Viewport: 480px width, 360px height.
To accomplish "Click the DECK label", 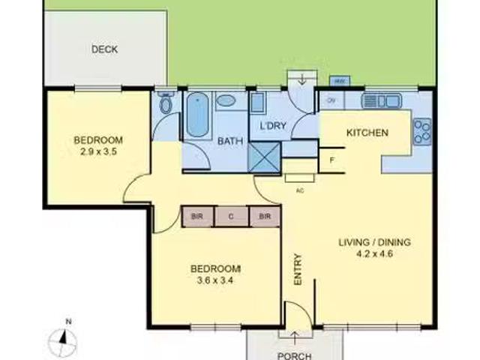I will click(x=104, y=49).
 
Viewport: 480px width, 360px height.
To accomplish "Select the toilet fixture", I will click(x=166, y=103).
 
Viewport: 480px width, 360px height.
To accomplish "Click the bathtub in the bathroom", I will click(x=197, y=114).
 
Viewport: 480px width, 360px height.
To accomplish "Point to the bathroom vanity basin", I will click(x=226, y=100).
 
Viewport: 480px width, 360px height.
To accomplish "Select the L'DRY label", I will click(x=272, y=125).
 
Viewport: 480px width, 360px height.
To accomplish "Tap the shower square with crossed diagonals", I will click(x=263, y=156).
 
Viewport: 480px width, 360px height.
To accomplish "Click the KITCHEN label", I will click(x=367, y=133).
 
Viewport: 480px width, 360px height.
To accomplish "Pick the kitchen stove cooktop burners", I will click(x=422, y=132).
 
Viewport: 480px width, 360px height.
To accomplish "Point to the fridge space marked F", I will click(x=331, y=159).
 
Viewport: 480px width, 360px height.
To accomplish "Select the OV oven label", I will click(x=331, y=100).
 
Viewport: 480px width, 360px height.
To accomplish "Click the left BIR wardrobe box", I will click(x=197, y=216).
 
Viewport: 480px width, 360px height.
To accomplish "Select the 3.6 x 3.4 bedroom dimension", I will click(x=214, y=280).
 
